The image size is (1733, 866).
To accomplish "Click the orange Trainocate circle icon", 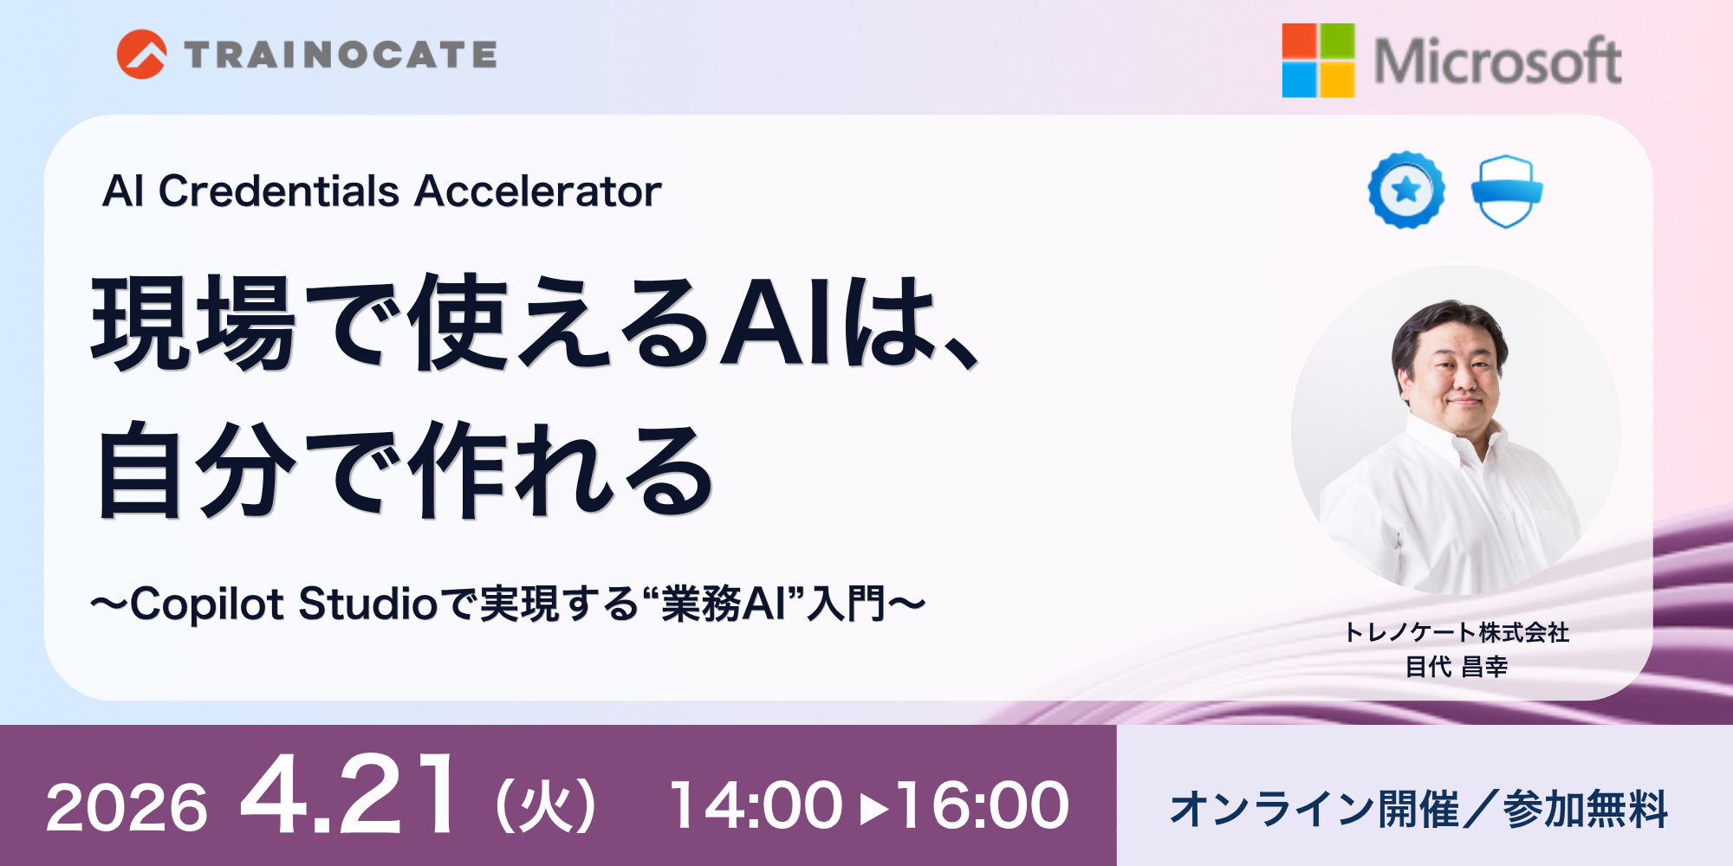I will (x=141, y=55).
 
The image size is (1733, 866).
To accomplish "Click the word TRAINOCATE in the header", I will (x=341, y=55).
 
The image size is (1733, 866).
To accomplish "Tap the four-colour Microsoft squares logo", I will (x=1318, y=60).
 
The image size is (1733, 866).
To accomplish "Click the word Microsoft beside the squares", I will (x=1497, y=61).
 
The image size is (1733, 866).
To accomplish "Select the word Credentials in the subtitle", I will (x=279, y=191).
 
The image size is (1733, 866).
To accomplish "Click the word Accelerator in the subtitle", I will (x=538, y=191).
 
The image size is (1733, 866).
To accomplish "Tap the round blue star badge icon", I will (x=1406, y=190).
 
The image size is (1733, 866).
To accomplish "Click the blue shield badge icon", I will (x=1507, y=191).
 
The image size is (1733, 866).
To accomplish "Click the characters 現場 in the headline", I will (x=192, y=323).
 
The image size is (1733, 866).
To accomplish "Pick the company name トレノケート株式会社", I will (x=1456, y=632).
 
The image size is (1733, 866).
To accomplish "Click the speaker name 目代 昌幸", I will (x=1456, y=667).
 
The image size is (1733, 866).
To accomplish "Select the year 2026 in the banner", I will (x=127, y=808).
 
